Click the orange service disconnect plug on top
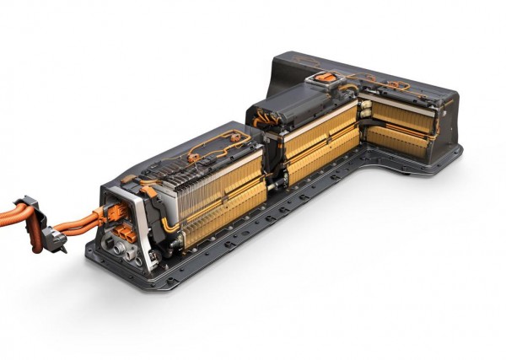[x=324, y=78]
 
